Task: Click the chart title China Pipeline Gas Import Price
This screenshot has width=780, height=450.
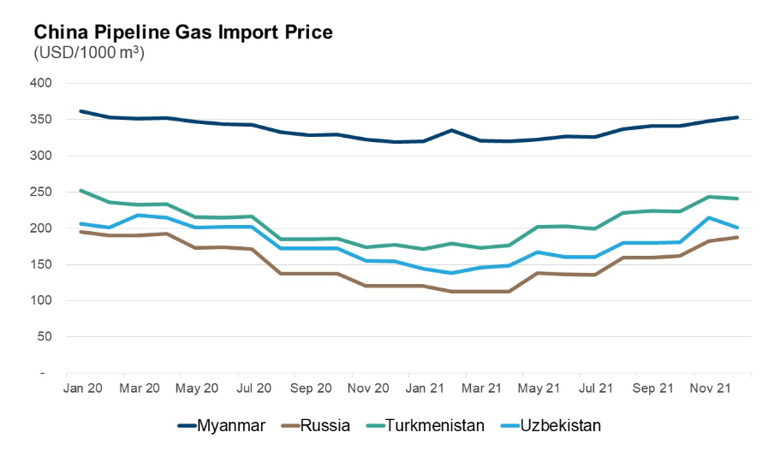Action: point(183,32)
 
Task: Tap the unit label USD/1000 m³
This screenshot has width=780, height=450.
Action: point(88,53)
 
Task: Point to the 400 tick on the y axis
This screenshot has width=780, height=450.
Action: point(42,83)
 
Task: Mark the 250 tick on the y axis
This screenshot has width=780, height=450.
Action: point(42,192)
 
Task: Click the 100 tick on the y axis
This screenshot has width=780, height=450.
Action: point(42,300)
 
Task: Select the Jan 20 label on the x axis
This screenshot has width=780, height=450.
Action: point(83,388)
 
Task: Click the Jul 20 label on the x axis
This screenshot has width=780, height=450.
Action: point(254,388)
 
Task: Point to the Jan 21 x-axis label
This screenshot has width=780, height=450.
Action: point(426,388)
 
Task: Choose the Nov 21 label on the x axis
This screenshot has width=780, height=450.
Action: point(711,388)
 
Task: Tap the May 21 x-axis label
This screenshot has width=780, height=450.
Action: point(539,388)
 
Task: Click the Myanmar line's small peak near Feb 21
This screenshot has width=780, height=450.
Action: point(451,130)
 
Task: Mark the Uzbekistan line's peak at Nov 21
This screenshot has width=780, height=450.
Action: point(709,217)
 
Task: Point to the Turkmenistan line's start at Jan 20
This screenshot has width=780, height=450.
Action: point(80,191)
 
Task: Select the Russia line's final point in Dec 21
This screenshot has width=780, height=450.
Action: point(737,237)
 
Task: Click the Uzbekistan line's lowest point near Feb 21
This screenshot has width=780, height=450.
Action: point(451,273)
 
